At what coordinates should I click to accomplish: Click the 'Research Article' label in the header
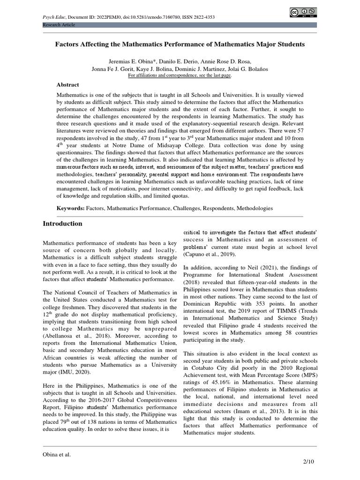click(59, 24)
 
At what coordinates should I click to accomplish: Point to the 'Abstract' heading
click(68, 85)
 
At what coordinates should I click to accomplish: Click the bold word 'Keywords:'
click(70, 208)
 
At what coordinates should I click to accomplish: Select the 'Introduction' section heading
click(62, 224)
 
